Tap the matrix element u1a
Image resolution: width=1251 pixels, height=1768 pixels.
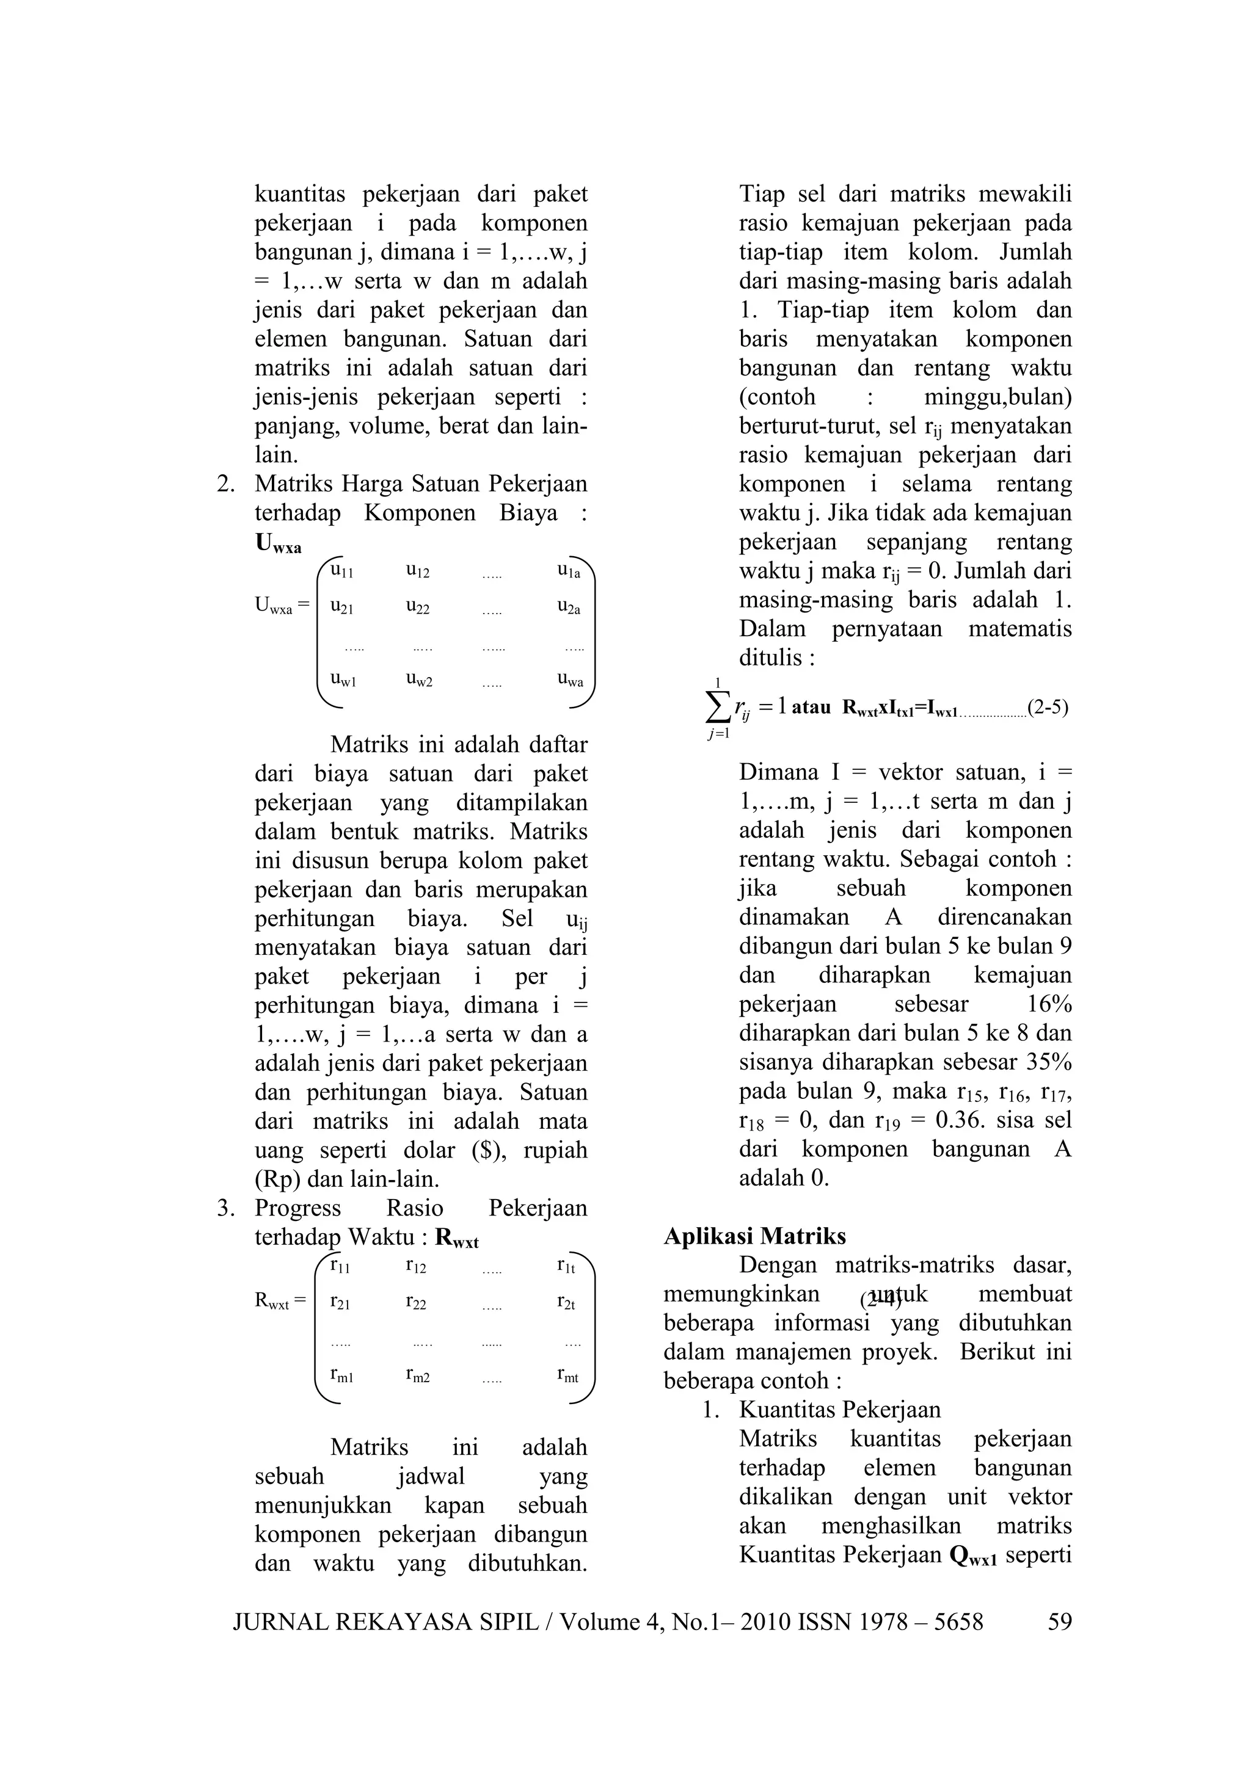[569, 571]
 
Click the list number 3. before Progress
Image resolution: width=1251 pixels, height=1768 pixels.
[225, 1208]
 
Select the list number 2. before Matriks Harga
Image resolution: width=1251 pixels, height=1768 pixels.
[225, 484]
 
